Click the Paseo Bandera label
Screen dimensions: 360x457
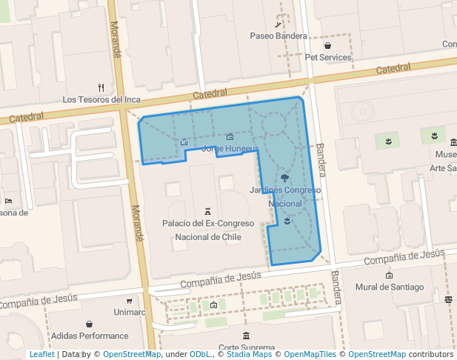(278, 36)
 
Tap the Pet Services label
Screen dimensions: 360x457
(328, 58)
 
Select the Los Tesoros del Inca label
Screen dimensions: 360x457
(101, 99)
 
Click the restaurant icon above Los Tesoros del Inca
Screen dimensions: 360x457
(101, 87)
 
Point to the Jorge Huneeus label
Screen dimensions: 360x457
(230, 148)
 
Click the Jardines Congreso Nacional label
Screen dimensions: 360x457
(285, 196)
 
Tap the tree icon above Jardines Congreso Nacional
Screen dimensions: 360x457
(285, 179)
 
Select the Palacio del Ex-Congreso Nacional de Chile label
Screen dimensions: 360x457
(208, 230)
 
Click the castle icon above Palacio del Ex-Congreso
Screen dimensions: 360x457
(207, 211)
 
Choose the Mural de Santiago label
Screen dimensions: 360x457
(390, 287)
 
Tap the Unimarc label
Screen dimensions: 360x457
(130, 312)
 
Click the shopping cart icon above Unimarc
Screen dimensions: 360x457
(130, 301)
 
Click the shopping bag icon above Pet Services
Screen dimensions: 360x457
(327, 46)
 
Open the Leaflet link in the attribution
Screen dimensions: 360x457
(41, 354)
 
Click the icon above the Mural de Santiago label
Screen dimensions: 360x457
(390, 276)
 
